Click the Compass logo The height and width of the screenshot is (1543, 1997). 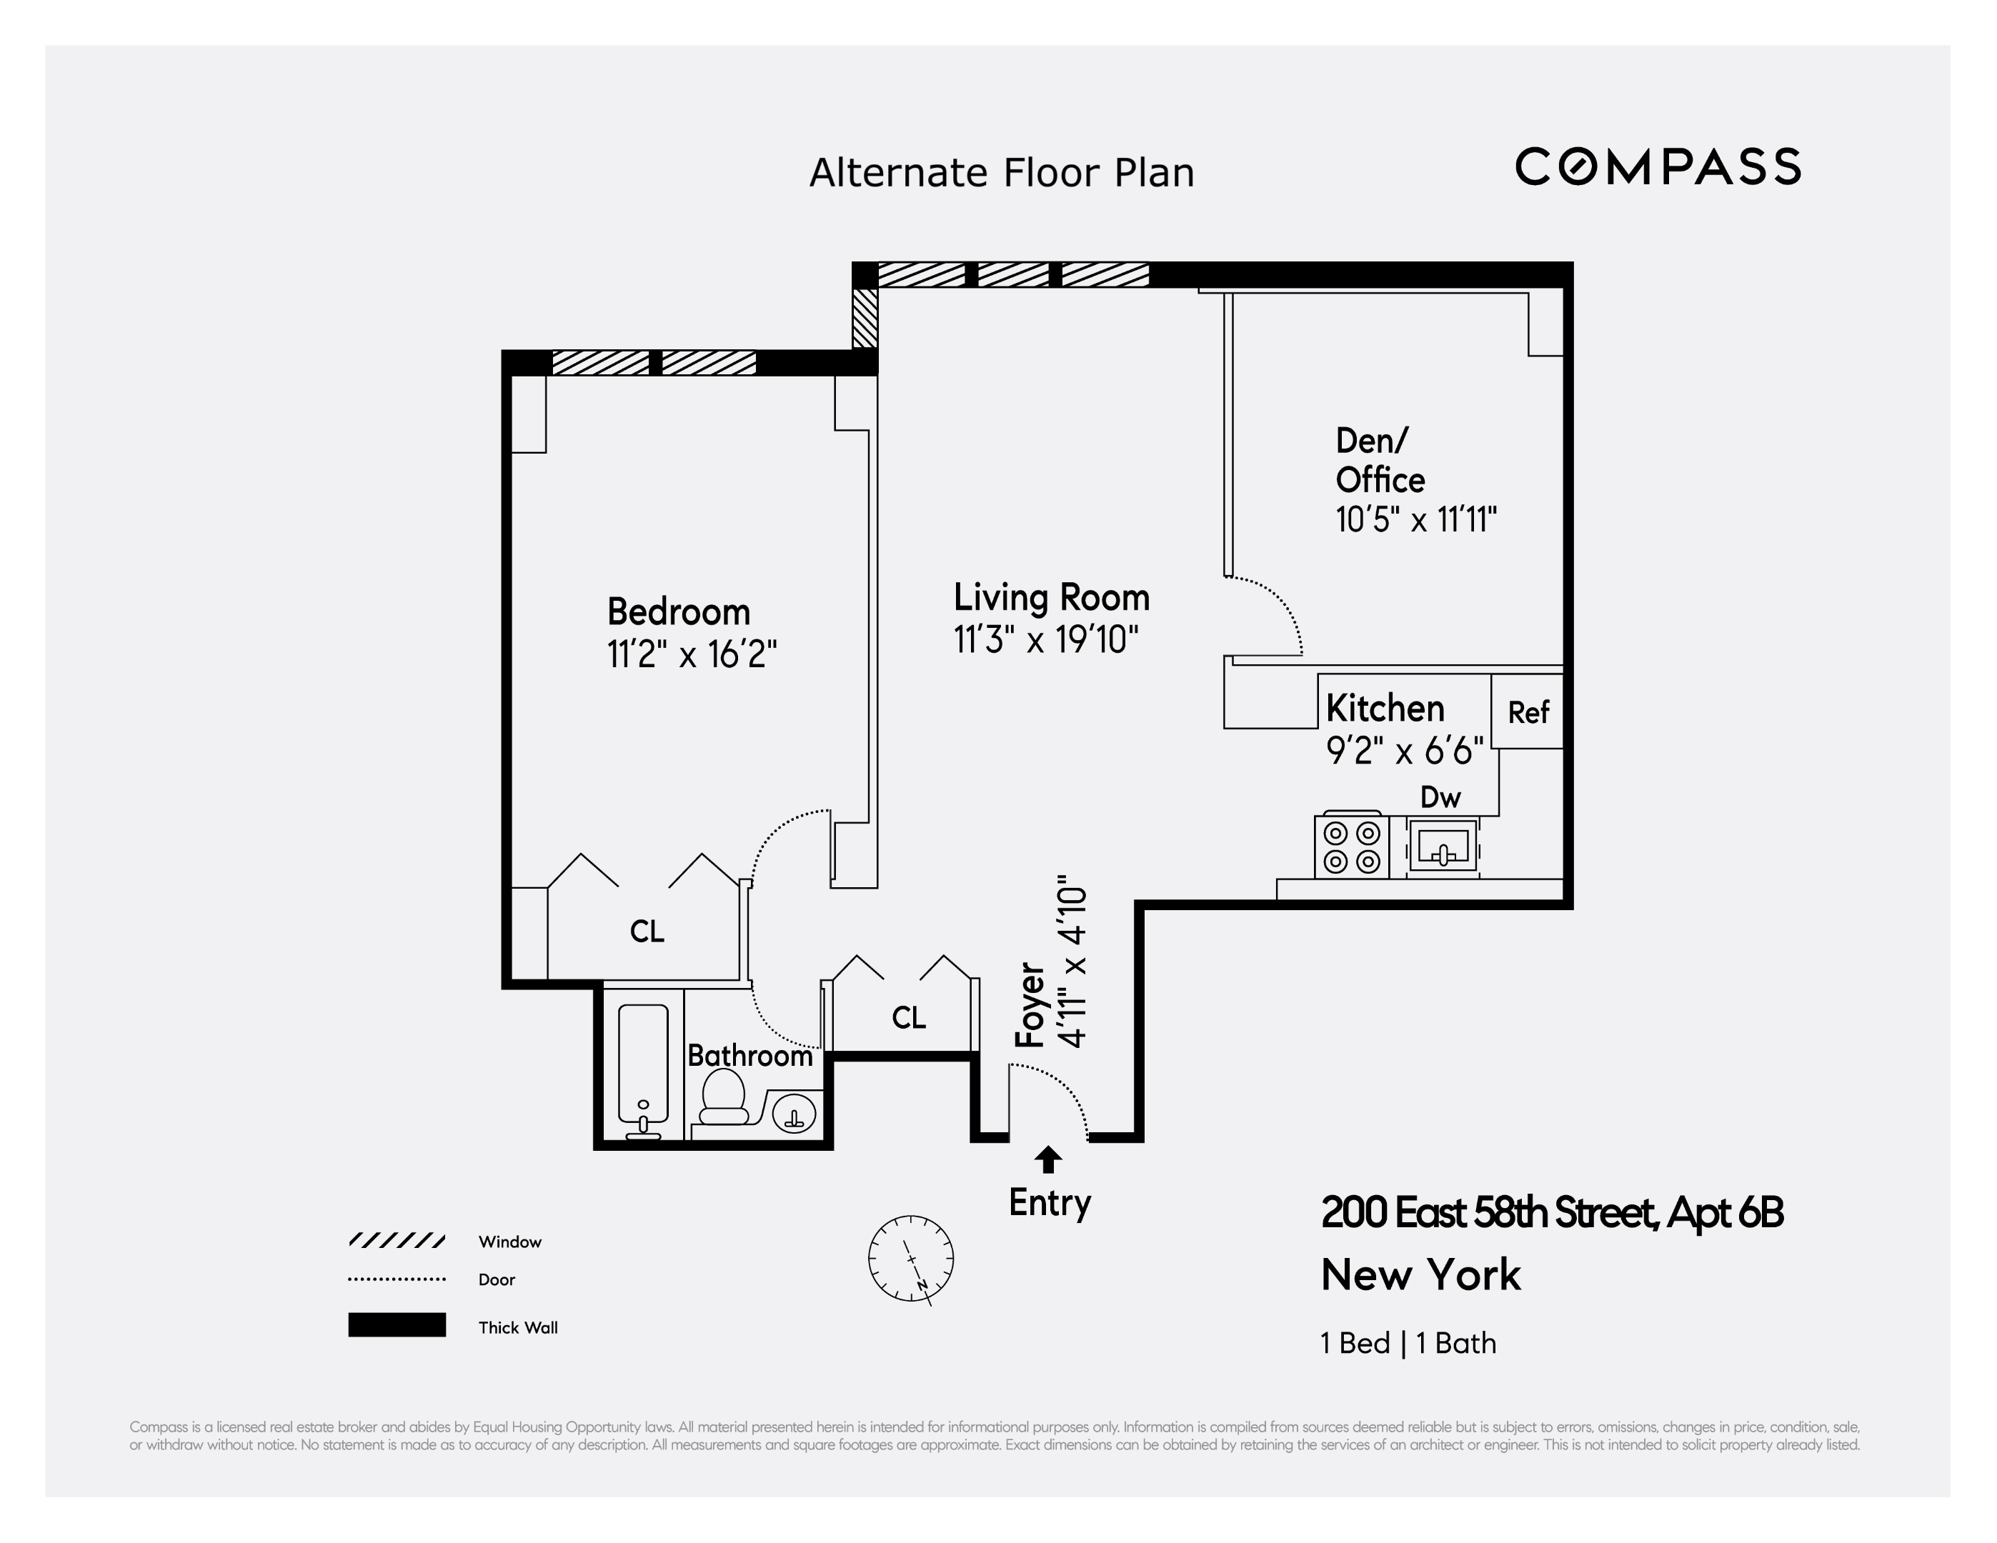(x=1657, y=166)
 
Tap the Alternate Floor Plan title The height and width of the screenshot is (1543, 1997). (x=1001, y=173)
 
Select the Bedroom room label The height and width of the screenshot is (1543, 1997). (x=679, y=611)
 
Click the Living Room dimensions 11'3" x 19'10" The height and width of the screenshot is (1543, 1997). (x=1046, y=639)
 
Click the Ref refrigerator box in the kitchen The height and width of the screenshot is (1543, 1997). (x=1527, y=711)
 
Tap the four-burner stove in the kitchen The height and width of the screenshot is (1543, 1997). (x=1351, y=847)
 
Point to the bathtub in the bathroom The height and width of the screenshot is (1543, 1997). (x=643, y=1069)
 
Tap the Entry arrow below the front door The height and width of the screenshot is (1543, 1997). (x=1048, y=1160)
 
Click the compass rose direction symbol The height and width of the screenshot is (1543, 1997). (x=911, y=1259)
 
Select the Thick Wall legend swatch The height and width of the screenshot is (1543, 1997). (x=397, y=1324)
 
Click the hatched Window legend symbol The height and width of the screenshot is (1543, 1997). (x=397, y=1240)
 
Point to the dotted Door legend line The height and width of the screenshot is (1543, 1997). (x=397, y=1279)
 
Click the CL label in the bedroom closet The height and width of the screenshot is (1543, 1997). (x=647, y=932)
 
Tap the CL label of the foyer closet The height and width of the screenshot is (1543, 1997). (x=908, y=1017)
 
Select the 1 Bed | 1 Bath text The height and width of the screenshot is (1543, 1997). (x=1408, y=1343)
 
